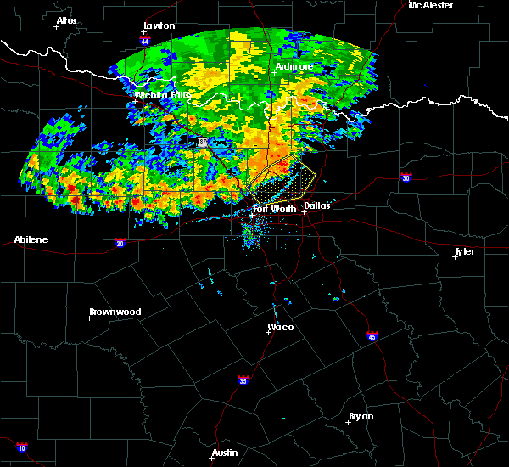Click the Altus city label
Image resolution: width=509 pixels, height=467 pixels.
[x=66, y=20]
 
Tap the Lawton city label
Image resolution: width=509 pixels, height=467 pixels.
[x=159, y=26]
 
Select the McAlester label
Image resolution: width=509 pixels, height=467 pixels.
[x=430, y=5]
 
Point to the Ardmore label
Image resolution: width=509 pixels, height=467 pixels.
[x=294, y=66]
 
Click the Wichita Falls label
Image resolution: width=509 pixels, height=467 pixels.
[x=162, y=95]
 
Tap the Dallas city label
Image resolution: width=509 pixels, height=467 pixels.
[x=317, y=205]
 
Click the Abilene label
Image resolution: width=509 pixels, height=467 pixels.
[x=30, y=239]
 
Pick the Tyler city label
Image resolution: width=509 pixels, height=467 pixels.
[x=464, y=251]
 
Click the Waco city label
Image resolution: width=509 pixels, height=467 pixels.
[x=281, y=327]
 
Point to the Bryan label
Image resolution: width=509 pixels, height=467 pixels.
[x=361, y=416]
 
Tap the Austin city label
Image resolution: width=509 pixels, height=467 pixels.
[x=225, y=453]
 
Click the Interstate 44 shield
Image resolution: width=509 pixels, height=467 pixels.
[x=145, y=41]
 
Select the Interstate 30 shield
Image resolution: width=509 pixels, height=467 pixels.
[x=406, y=177]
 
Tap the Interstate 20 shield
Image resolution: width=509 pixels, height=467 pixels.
[x=120, y=243]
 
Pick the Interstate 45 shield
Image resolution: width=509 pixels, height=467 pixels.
[x=372, y=337]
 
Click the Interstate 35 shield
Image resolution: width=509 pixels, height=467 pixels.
[x=243, y=380]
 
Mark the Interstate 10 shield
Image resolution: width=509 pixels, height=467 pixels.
[x=21, y=447]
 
